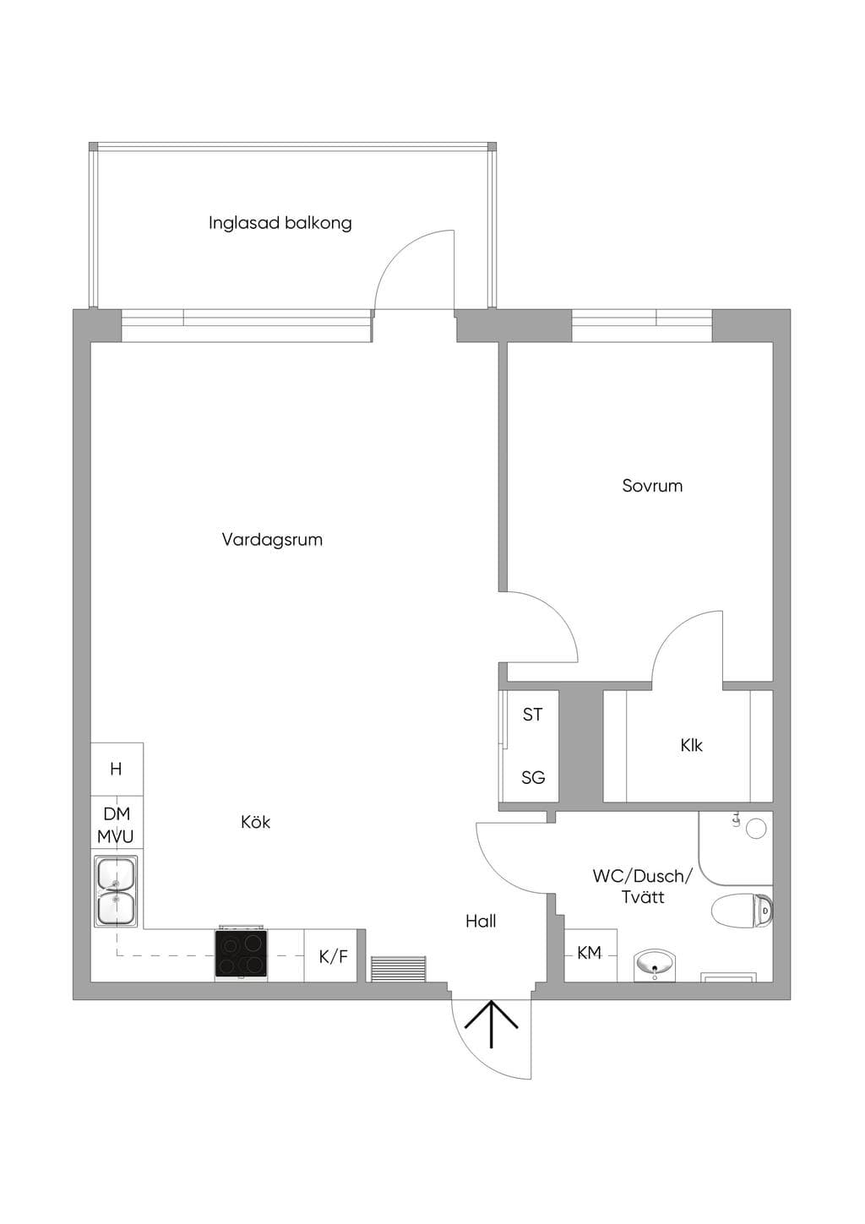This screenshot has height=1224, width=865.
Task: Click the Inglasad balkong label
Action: (280, 223)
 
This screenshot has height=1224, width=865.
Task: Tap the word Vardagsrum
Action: (272, 540)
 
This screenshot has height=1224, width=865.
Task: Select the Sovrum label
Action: (652, 486)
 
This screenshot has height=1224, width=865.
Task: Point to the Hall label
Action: (481, 922)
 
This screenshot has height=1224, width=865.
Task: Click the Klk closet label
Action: (691, 745)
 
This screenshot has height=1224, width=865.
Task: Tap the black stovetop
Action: (242, 953)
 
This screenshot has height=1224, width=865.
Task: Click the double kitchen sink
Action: (116, 890)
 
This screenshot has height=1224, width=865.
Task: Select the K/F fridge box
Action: (331, 955)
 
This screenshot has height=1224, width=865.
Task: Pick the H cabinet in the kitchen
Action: (117, 769)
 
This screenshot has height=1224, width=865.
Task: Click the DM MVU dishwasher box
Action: (117, 823)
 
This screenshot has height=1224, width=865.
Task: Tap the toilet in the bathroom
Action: (742, 911)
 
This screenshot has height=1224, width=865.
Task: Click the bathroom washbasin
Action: (656, 966)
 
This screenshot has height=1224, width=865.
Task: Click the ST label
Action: (532, 714)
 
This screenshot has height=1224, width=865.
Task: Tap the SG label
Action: (533, 777)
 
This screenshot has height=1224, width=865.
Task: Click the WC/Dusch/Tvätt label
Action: (643, 886)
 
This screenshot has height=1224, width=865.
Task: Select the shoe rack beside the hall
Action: (399, 969)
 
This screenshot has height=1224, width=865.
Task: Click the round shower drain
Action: (757, 829)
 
